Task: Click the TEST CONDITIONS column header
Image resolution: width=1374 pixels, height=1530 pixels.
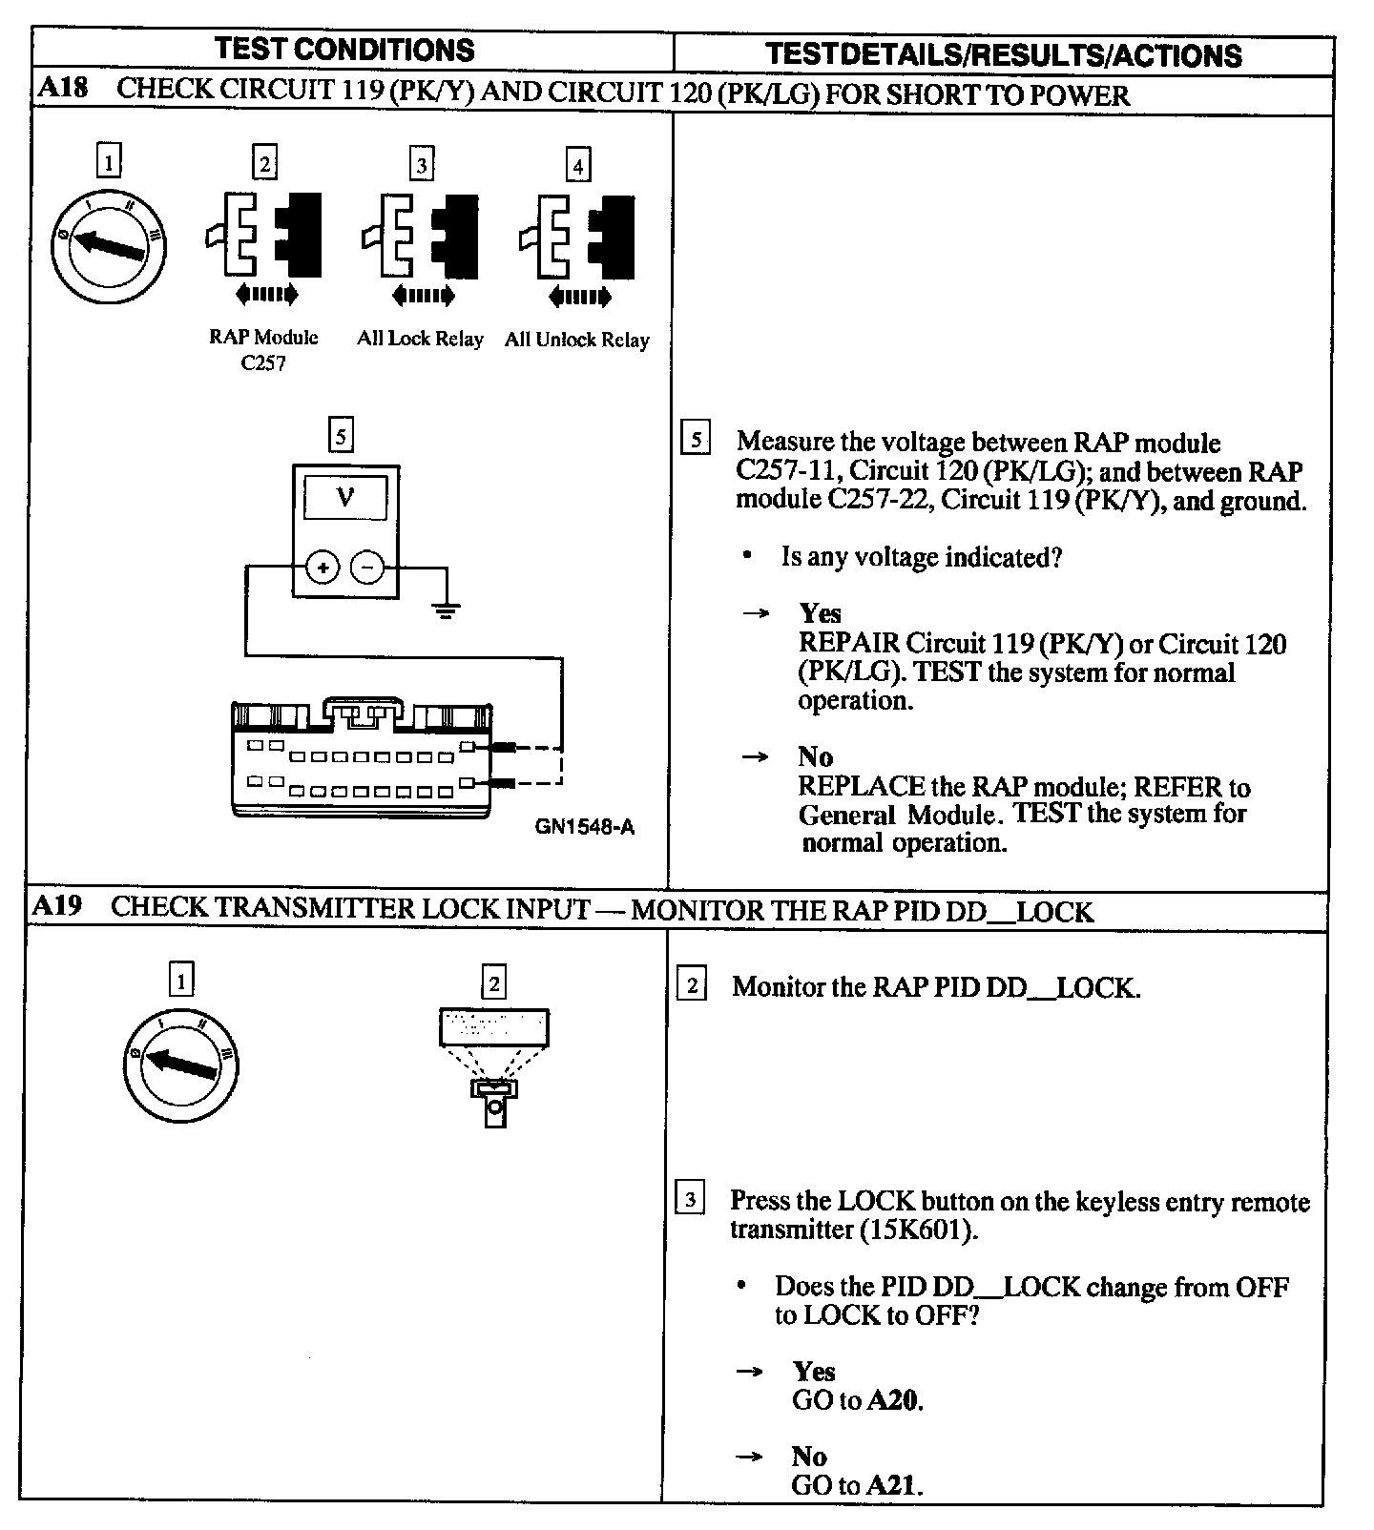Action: pyautogui.click(x=344, y=51)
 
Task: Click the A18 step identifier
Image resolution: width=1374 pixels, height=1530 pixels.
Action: pyautogui.click(x=63, y=90)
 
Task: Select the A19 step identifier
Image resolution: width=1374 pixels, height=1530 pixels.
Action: pyautogui.click(x=57, y=906)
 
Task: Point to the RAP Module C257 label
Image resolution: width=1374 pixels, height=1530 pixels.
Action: pyautogui.click(x=263, y=350)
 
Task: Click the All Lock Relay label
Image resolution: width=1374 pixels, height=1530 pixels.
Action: pyautogui.click(x=420, y=339)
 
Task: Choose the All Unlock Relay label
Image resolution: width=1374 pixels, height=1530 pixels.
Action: pyautogui.click(x=576, y=340)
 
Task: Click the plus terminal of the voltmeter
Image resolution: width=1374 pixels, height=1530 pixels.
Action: pyautogui.click(x=323, y=569)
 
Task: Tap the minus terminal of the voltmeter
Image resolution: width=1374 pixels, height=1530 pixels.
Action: pyautogui.click(x=368, y=569)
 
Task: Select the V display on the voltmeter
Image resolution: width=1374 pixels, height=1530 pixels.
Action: pyautogui.click(x=345, y=498)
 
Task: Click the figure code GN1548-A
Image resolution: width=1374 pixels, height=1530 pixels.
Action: pyautogui.click(x=584, y=827)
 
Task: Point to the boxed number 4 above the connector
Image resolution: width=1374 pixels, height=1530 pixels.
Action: pyautogui.click(x=577, y=166)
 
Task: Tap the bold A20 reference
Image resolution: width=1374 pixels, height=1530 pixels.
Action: pyautogui.click(x=894, y=1400)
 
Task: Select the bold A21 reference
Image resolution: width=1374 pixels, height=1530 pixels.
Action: pyautogui.click(x=894, y=1485)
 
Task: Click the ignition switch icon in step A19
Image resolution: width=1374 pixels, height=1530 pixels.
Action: pyautogui.click(x=180, y=1065)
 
